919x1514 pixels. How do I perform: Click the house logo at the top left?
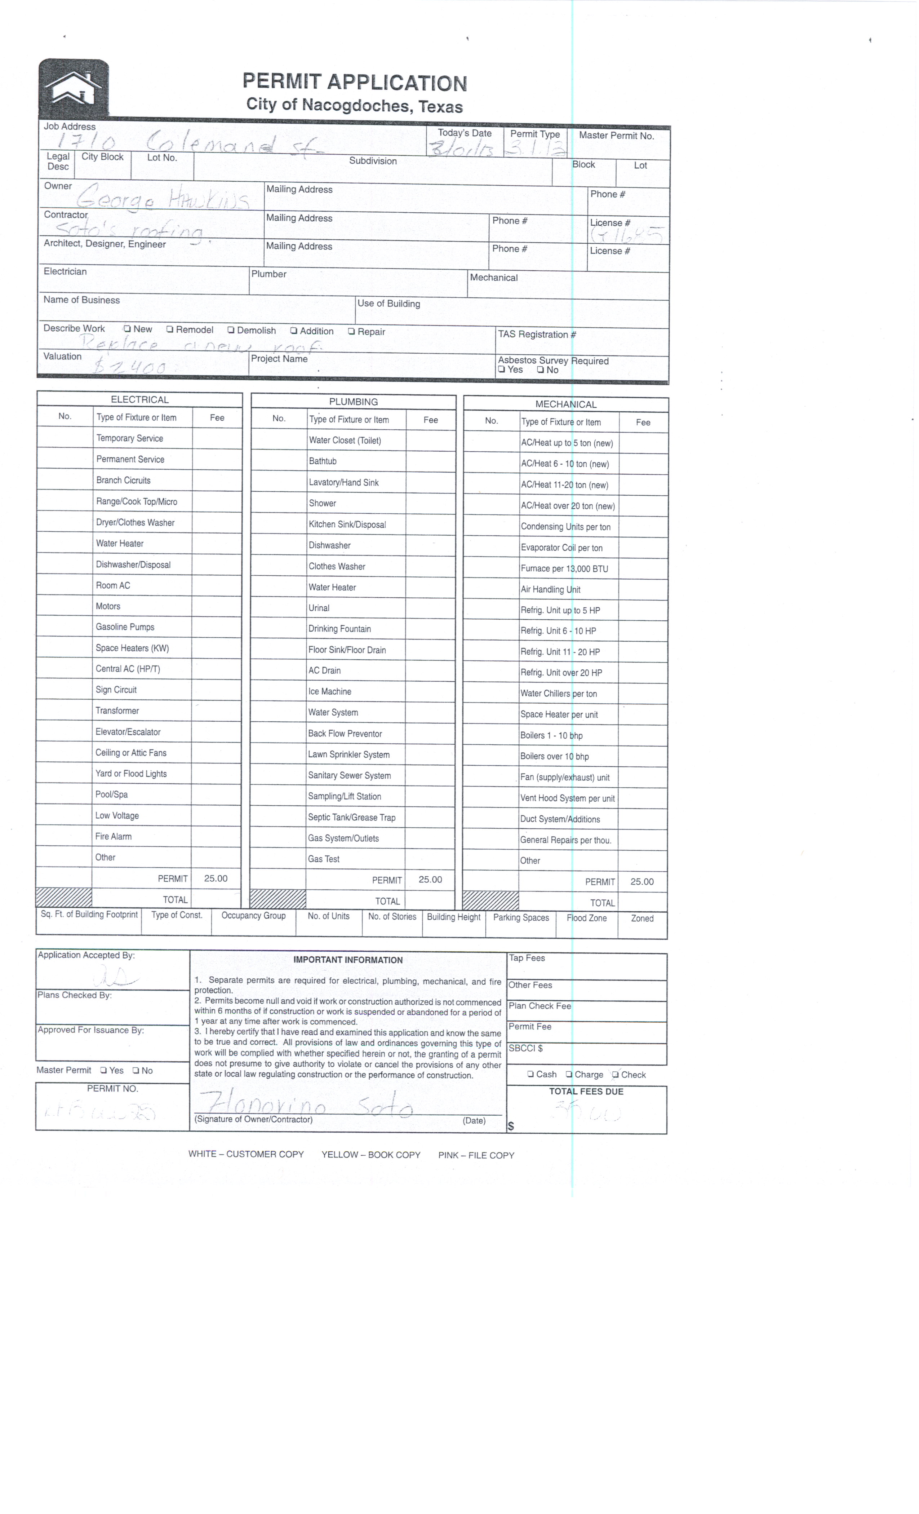(74, 87)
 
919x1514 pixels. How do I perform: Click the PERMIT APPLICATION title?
(355, 82)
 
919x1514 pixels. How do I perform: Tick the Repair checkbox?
(351, 332)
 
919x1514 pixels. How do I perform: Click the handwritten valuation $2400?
(130, 367)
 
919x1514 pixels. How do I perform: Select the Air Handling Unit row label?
(550, 590)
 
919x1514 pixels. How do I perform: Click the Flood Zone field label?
(587, 918)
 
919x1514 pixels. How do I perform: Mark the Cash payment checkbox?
(531, 1075)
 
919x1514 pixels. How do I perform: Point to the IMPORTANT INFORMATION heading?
(348, 960)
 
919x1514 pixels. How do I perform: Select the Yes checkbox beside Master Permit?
(104, 1070)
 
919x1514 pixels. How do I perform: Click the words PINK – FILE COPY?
(476, 1155)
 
